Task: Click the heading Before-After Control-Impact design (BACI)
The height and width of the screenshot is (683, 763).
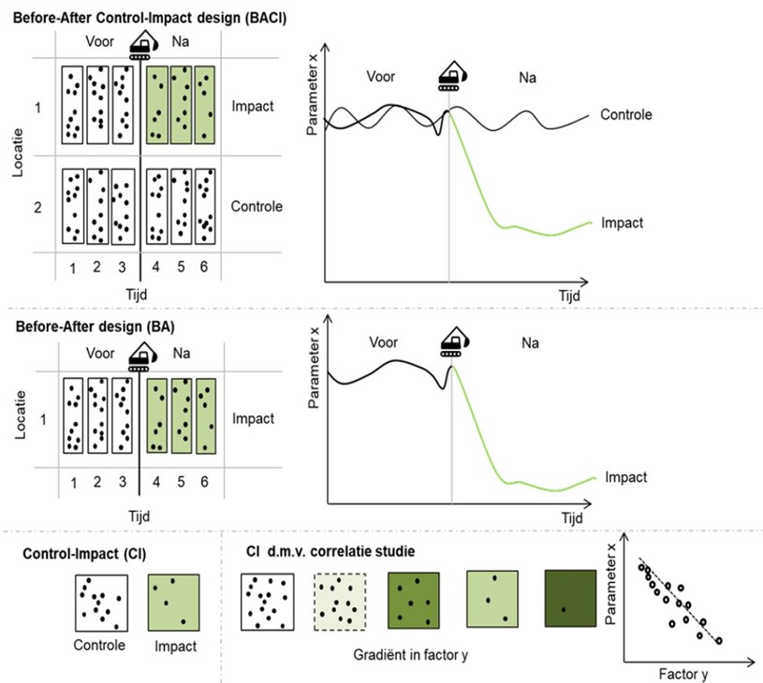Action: coord(150,18)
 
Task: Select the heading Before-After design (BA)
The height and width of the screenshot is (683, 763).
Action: coord(95,327)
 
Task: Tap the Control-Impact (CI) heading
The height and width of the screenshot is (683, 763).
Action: coord(84,554)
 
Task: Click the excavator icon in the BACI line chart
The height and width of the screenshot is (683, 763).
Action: coord(452,76)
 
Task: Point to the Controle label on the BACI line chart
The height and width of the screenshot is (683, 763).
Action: coord(625,114)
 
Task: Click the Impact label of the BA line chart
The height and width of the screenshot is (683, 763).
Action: coord(625,477)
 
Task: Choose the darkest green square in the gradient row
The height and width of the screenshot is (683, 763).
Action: coord(570,599)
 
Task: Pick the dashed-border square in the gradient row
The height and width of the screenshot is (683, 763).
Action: coord(340,602)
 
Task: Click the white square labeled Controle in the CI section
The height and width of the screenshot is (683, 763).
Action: coord(101,603)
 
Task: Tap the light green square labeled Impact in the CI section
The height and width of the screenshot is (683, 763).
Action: coord(174,602)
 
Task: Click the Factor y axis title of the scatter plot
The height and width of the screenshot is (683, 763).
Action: coord(683,675)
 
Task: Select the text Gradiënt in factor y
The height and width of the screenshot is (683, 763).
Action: coord(410,655)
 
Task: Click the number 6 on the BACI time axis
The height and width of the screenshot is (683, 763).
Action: coord(204,267)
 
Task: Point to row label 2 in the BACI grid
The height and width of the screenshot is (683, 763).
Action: coord(37,208)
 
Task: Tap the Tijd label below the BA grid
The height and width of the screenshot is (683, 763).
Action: coord(139,516)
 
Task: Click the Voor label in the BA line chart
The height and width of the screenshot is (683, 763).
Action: coord(384,342)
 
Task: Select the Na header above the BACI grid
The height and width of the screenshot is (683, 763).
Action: coord(180,41)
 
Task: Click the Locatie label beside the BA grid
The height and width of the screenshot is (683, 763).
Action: coord(21,415)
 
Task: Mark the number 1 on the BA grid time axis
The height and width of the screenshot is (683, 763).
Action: coord(73,483)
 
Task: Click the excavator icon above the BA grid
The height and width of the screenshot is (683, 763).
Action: coord(143,356)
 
